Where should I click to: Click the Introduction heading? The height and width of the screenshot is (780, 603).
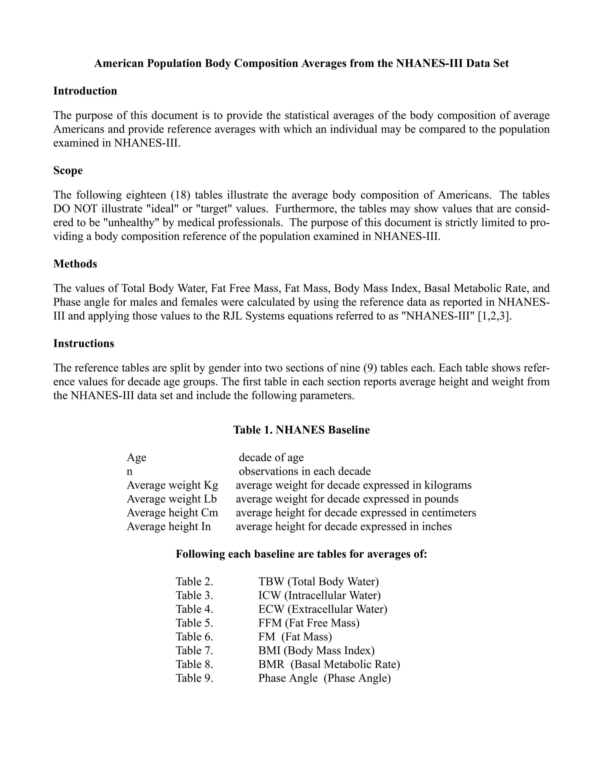coord(85,91)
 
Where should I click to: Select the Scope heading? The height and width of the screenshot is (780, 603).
coord(68,170)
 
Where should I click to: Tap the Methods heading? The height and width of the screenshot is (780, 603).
coord(75,264)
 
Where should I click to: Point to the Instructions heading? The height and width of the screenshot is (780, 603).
coord(84,343)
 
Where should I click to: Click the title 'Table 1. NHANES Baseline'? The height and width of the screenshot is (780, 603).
coord(301,430)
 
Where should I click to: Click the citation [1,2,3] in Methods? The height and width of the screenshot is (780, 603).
coord(494,316)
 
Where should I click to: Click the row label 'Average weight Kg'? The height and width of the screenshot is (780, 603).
coord(172,485)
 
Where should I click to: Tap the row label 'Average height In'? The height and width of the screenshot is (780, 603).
coord(169,527)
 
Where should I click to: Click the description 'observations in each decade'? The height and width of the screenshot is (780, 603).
coord(304,472)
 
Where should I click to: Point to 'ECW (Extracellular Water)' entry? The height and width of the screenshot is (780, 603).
coord(323,609)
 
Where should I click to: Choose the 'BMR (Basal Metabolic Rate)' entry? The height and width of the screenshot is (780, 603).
coord(329,664)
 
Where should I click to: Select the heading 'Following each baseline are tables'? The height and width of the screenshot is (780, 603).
coord(301,554)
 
